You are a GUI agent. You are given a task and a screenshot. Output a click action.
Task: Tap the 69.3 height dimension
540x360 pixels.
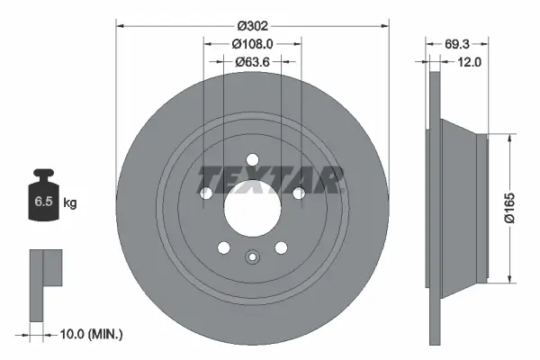tap(459, 42)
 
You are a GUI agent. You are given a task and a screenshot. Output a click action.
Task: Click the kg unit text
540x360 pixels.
tap(70, 203)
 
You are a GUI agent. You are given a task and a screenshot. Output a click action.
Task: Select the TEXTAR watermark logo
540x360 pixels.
tap(270, 180)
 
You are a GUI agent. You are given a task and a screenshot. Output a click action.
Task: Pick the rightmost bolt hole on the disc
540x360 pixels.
tap(297, 192)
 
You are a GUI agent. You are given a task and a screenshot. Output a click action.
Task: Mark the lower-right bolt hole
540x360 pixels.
tap(280, 247)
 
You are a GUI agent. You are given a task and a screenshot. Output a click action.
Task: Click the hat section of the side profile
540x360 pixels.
tap(468, 207)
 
